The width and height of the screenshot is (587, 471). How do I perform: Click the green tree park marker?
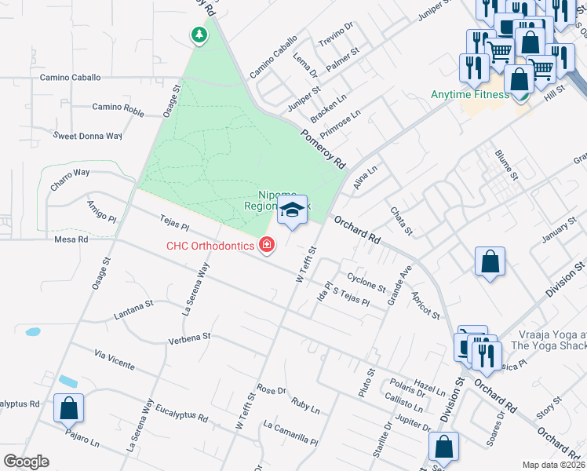(199, 35)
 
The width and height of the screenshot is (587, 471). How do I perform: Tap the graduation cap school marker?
(292, 210)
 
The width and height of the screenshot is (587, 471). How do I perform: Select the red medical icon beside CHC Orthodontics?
(268, 246)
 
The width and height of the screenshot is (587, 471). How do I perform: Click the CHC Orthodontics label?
(210, 246)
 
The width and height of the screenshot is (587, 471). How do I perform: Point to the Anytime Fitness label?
(469, 95)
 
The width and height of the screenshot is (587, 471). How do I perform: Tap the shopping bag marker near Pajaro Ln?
(68, 408)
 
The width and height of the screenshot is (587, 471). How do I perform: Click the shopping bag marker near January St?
(490, 262)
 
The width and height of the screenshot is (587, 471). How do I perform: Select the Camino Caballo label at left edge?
(71, 78)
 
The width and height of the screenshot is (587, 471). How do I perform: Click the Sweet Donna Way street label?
(88, 136)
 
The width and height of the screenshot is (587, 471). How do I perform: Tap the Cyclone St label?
(366, 282)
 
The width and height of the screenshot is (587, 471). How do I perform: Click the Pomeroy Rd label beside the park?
(323, 149)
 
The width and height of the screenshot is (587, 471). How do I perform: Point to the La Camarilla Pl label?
(290, 434)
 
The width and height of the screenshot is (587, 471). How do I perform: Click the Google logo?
(26, 462)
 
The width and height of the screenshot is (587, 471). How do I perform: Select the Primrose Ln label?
(340, 122)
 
